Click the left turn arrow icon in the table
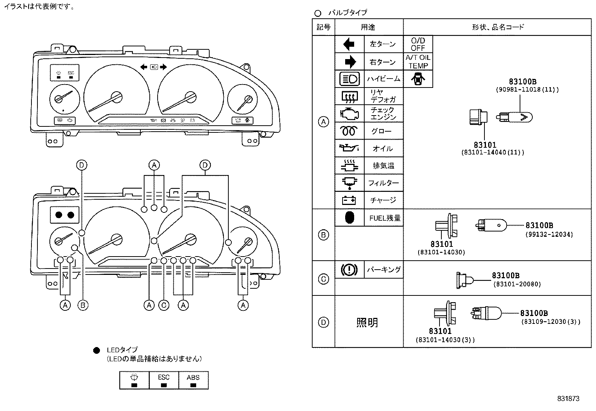(349, 44)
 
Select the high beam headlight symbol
(349, 79)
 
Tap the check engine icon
(349, 113)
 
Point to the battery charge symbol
(349, 200)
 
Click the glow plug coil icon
(349, 131)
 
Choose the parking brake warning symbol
(349, 269)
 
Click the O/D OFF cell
(418, 44)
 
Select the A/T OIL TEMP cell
(418, 62)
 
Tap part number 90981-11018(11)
(527, 90)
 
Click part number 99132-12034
(549, 234)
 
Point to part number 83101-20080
(517, 284)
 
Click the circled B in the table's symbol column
(323, 235)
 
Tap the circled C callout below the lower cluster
(164, 306)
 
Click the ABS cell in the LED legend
(193, 380)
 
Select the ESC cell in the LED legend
(164, 380)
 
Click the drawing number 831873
(568, 399)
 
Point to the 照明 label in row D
(367, 322)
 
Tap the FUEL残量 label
(384, 218)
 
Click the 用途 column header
(368, 27)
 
